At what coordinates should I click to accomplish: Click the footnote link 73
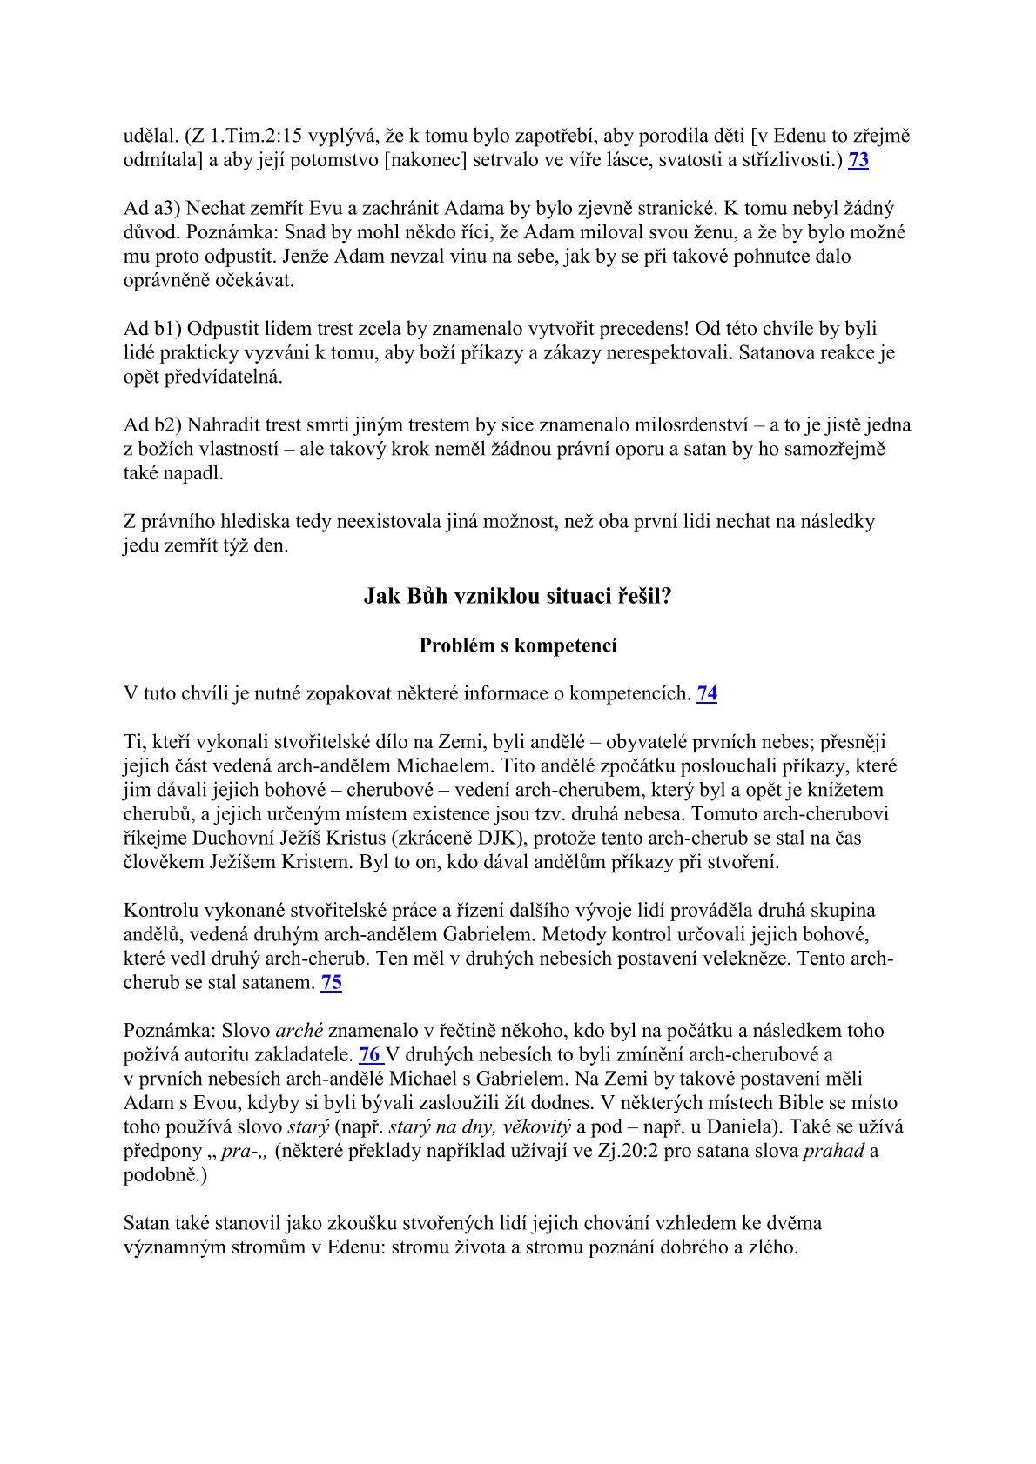[858, 160]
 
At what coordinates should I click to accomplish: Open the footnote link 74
[707, 694]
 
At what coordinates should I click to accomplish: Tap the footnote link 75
[331, 983]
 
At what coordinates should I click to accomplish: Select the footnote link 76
[370, 1055]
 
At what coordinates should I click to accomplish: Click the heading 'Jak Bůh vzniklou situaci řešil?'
[517, 596]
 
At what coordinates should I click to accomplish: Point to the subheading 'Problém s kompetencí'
[517, 645]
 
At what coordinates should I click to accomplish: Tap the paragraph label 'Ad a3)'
[152, 209]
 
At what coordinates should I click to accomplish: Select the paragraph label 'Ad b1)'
[152, 329]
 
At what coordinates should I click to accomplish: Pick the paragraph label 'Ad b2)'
[152, 425]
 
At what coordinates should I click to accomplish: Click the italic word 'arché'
[299, 1031]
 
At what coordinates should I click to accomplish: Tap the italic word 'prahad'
[833, 1152]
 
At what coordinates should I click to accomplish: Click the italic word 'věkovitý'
[536, 1127]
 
